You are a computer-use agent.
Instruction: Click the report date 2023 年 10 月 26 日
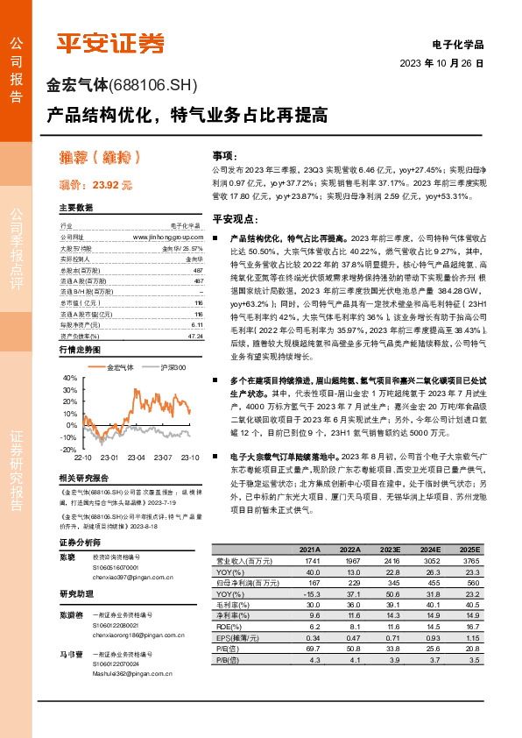441,63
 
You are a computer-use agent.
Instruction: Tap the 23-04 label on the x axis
137,458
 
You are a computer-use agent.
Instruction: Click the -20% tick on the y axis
68,449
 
